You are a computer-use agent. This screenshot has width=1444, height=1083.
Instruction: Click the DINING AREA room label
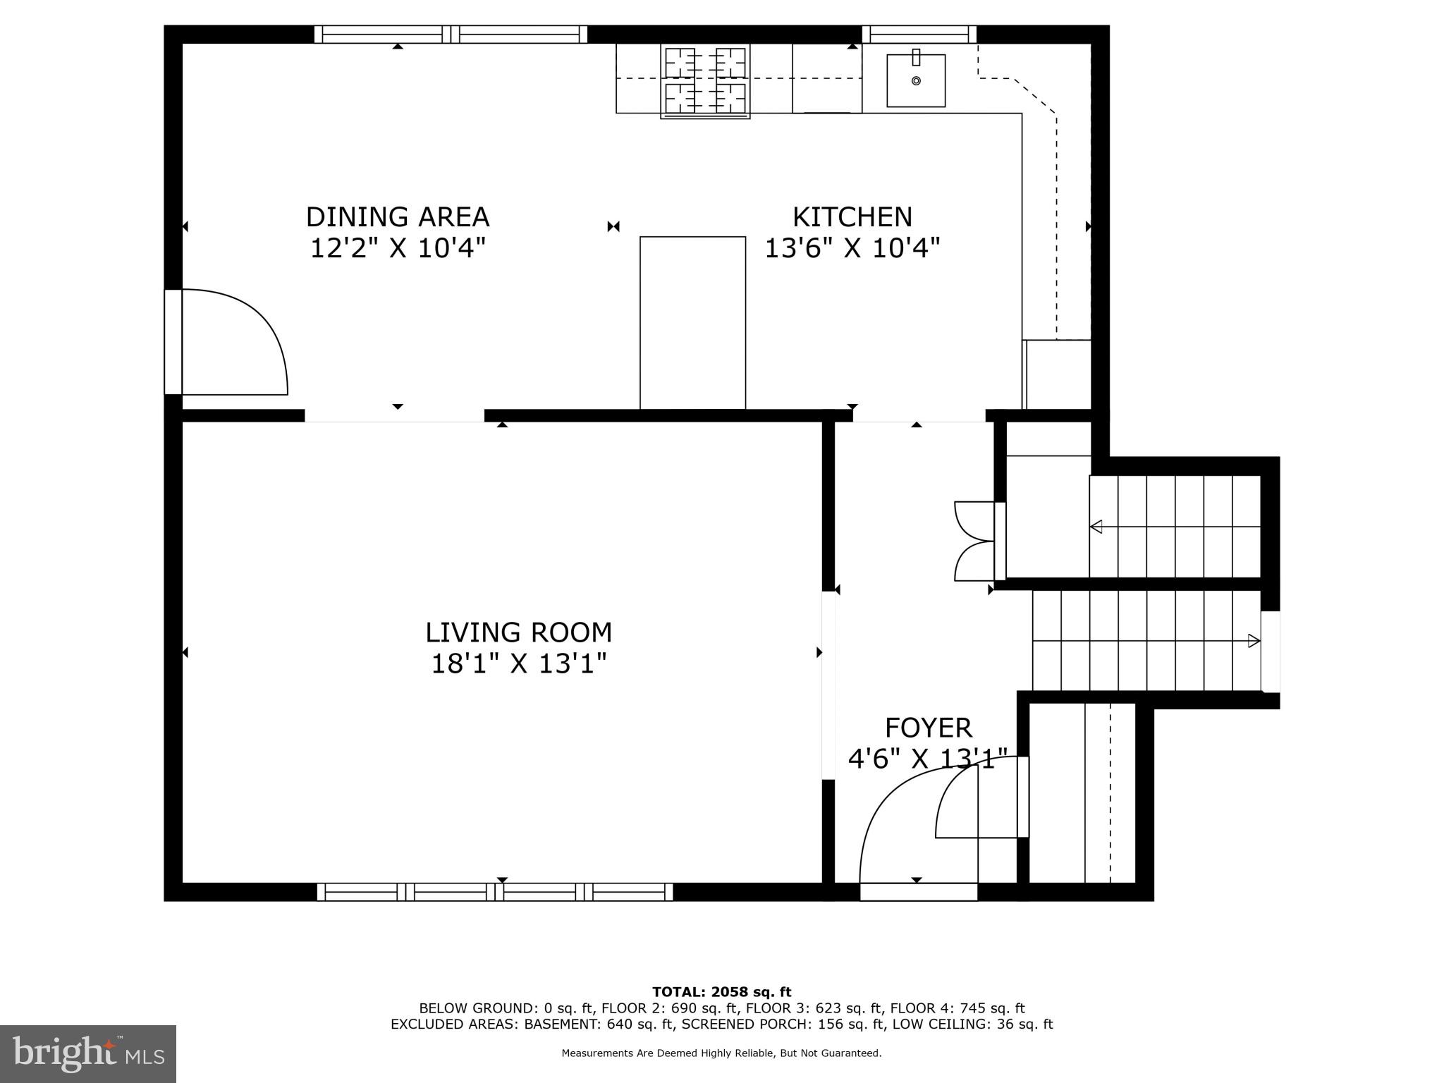pos(397,216)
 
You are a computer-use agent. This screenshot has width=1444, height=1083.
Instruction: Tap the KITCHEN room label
pos(852,216)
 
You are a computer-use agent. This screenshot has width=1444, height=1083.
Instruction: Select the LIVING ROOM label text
pos(518,632)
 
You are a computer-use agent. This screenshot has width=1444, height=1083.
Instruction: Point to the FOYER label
pos(928,727)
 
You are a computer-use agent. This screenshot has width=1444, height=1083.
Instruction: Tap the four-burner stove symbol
pos(705,80)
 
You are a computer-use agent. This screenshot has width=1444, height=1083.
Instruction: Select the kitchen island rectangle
pos(692,322)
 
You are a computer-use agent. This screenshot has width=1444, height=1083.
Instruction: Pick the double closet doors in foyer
pos(974,541)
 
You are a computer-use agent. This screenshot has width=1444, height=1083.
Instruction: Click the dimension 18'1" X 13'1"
pos(518,663)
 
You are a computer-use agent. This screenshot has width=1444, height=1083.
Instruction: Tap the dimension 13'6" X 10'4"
pos(852,248)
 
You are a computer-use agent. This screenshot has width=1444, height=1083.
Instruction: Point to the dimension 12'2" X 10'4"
pos(397,248)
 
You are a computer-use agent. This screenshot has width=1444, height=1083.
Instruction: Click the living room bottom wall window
pos(495,892)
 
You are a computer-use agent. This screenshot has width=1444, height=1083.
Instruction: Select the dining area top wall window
pos(451,34)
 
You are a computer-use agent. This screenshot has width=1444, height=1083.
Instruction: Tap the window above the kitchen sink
pos(919,34)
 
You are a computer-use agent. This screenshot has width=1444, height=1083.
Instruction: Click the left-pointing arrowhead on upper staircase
pos(1096,526)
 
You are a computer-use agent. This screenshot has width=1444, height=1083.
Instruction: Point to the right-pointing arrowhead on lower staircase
pos(1254,641)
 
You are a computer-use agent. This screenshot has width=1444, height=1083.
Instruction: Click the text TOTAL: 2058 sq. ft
pos(721,992)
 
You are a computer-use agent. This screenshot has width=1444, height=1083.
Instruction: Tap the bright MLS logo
pos(88,1053)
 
